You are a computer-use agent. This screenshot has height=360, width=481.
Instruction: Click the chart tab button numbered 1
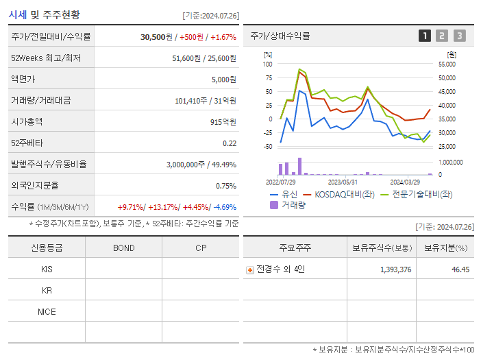(425, 36)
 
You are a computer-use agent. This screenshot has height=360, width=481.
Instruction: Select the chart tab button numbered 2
(442, 36)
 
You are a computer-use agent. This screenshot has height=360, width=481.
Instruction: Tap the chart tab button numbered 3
(459, 36)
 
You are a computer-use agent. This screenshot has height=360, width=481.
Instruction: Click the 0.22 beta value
(230, 143)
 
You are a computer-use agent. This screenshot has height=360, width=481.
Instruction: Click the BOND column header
(123, 248)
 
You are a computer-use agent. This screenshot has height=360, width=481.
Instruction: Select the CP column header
(200, 248)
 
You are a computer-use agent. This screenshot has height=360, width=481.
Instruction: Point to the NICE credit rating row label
(47, 311)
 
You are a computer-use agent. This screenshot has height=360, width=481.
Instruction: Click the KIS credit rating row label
(47, 269)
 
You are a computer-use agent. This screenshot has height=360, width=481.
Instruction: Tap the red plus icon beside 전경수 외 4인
(250, 269)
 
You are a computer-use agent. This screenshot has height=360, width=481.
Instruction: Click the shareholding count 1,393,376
(395, 269)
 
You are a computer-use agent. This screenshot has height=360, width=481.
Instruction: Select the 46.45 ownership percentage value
(460, 269)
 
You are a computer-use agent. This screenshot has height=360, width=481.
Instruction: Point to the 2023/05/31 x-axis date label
(343, 182)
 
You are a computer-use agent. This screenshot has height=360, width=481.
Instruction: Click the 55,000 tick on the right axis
(446, 64)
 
